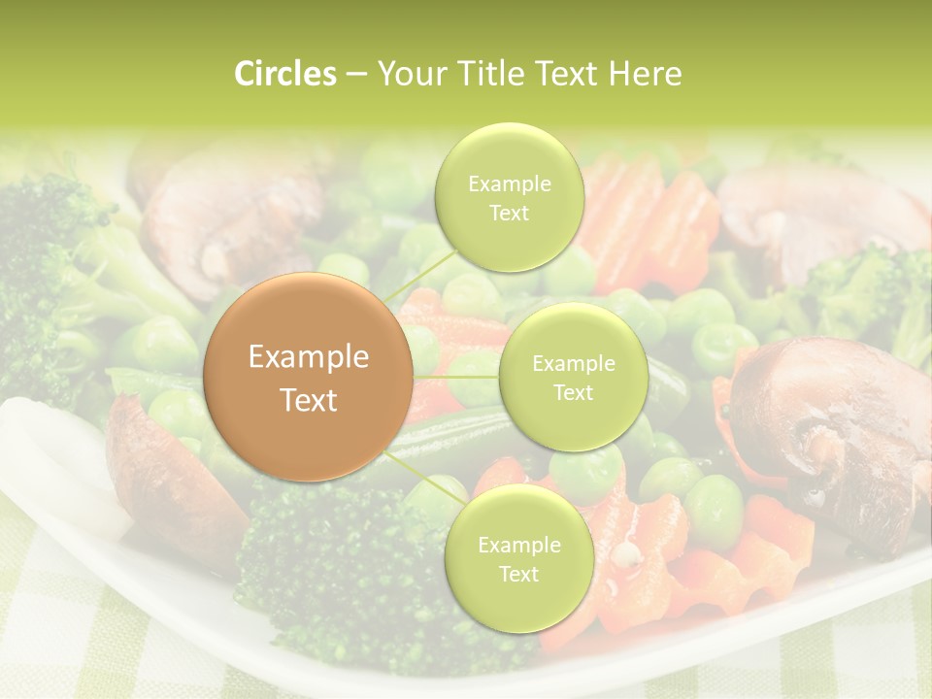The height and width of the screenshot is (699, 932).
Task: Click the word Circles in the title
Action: pos(285,74)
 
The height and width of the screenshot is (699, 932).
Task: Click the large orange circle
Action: pos(309,378)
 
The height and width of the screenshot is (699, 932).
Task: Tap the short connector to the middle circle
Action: pos(456,377)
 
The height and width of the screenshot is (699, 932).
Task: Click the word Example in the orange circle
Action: pos(309,357)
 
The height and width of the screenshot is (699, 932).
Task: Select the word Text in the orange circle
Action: pos(309,400)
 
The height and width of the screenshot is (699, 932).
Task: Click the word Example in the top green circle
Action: pos(509,184)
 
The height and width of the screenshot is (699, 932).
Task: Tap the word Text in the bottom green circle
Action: pos(518,575)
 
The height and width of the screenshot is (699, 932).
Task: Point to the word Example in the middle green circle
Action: pos(573,364)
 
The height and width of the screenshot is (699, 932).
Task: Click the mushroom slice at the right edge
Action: pos(835,427)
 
